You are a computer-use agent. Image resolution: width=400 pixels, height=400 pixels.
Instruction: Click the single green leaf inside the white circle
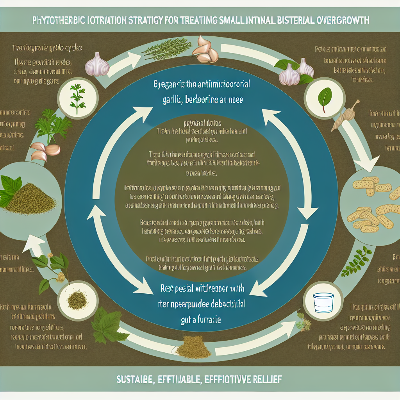pos(323,99)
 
